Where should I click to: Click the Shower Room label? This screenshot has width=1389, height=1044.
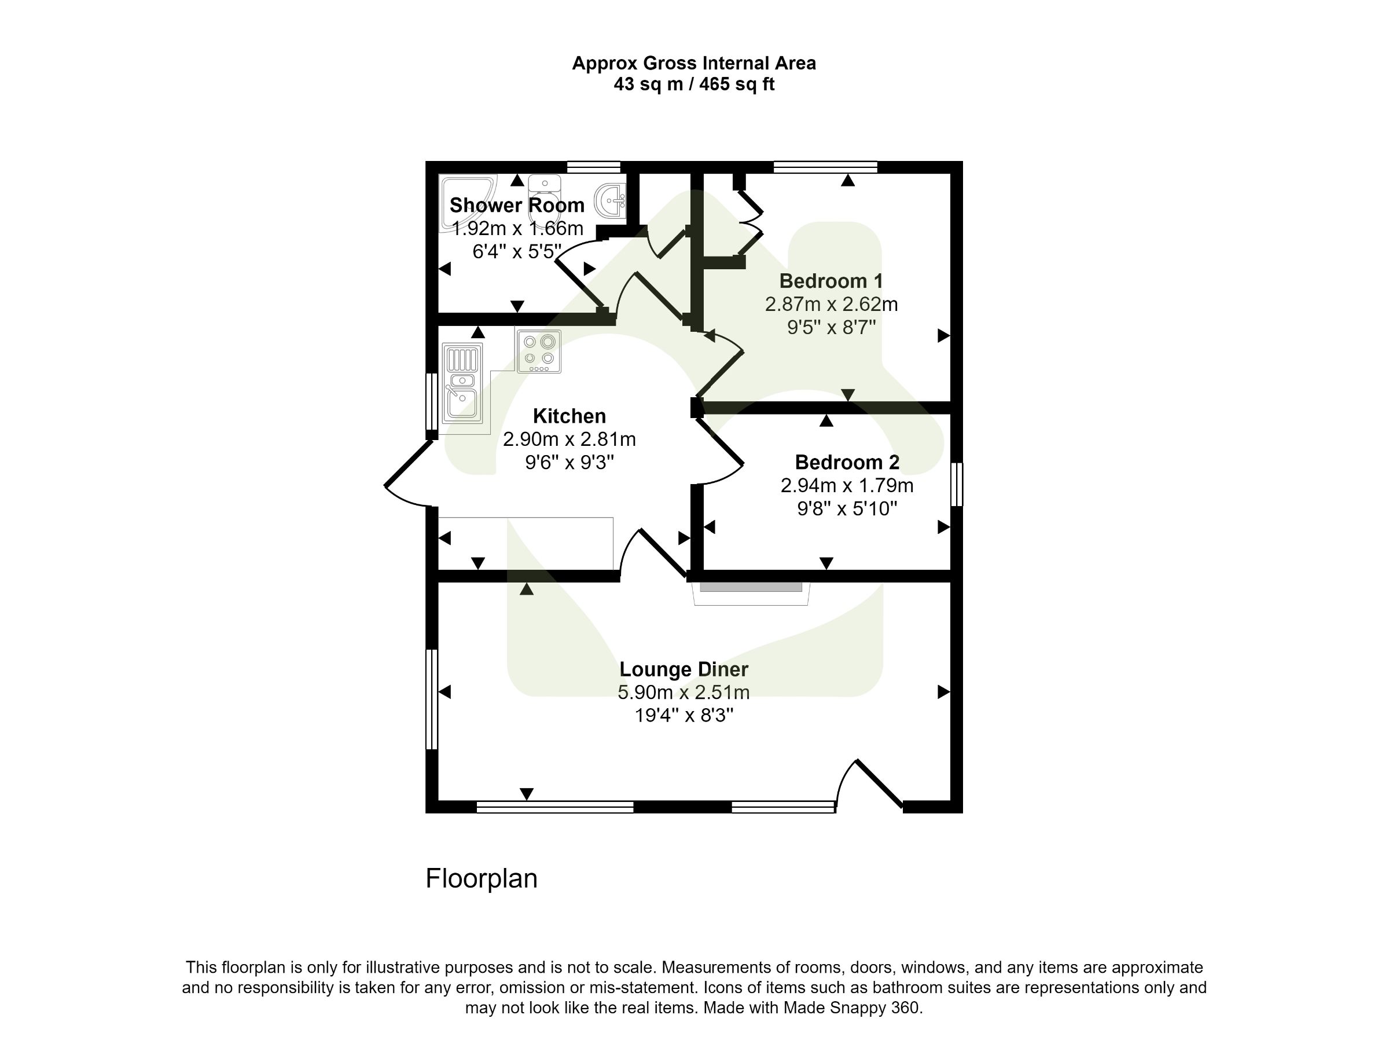point(517,206)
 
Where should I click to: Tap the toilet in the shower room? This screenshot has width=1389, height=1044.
point(545,199)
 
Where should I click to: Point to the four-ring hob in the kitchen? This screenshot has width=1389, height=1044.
point(539,351)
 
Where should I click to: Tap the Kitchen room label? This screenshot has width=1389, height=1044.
point(569,416)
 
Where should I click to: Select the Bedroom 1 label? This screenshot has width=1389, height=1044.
point(831,281)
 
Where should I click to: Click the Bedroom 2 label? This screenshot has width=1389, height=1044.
point(847,462)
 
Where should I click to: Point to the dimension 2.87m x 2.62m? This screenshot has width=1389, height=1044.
point(831,304)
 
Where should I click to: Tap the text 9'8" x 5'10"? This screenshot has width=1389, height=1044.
point(847,508)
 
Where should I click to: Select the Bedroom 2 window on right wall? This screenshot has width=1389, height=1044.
point(956,484)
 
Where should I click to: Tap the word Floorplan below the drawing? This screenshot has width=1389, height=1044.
point(481,878)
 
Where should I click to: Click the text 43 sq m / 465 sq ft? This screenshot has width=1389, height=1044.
point(693,84)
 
